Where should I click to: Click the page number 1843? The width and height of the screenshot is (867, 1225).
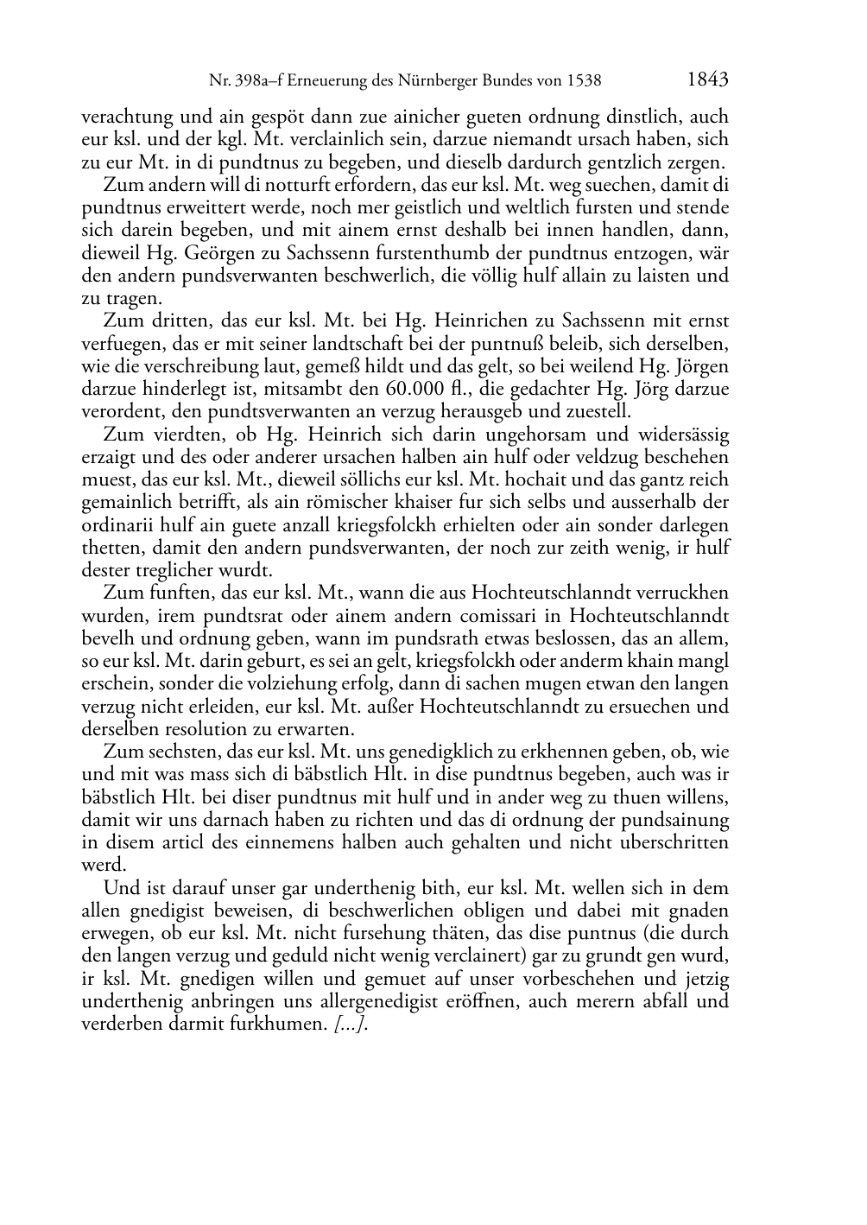[x=708, y=79]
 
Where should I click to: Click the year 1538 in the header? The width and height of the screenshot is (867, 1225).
[x=584, y=81]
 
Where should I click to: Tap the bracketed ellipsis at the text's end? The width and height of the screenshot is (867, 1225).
[x=351, y=1025]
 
